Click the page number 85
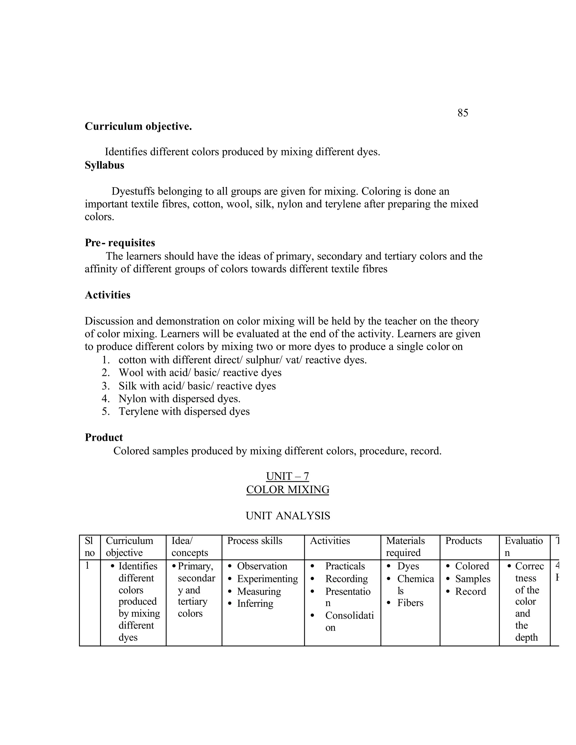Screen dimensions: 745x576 click(x=463, y=113)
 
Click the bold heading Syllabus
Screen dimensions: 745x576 click(x=104, y=165)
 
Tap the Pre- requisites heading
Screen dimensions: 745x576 click(x=120, y=243)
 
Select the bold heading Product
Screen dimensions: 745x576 click(x=104, y=437)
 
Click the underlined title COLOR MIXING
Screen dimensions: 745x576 click(x=288, y=489)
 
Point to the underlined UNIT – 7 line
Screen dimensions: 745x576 click(x=287, y=476)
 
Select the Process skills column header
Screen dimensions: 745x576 click(x=255, y=541)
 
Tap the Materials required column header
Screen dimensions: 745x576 click(x=405, y=547)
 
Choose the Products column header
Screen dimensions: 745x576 click(x=463, y=541)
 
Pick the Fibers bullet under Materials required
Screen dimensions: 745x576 click(x=410, y=603)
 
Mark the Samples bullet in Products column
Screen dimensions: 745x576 click(x=472, y=579)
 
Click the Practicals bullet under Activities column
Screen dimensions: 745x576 click(x=345, y=566)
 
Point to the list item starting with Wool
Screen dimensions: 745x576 click(x=200, y=372)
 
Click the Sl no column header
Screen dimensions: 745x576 click(x=89, y=547)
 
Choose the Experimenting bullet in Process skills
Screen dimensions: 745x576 click(x=267, y=579)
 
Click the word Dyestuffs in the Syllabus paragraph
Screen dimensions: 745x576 click(x=133, y=191)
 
